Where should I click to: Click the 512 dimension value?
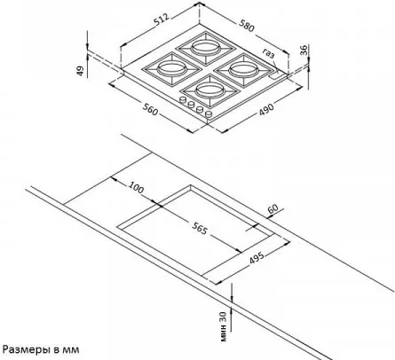click(x=162, y=20)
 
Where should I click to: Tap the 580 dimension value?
click(x=246, y=25)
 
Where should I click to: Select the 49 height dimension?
click(x=81, y=70)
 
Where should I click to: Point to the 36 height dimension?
click(x=304, y=50)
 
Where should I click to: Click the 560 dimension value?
click(x=150, y=109)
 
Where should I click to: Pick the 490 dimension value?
click(x=266, y=109)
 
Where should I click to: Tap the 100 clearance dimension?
click(x=136, y=188)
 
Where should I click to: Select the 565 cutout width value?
click(x=199, y=228)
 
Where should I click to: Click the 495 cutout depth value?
click(x=257, y=257)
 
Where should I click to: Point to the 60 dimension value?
click(x=273, y=208)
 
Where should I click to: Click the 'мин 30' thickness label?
click(x=225, y=327)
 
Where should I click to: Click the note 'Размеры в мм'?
click(x=41, y=349)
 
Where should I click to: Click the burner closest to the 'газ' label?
click(x=244, y=71)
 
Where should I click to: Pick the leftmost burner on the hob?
click(x=170, y=69)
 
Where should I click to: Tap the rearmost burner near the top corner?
click(x=206, y=47)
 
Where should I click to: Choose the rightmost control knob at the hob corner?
click(x=209, y=114)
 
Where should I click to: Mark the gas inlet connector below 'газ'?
click(x=276, y=74)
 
